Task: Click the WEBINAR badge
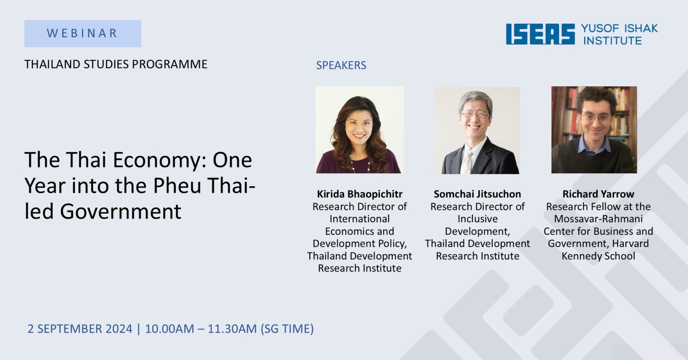tap(82, 34)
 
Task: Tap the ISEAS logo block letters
tap(540, 34)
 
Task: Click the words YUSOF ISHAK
tap(619, 29)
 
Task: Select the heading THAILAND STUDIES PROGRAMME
tap(116, 64)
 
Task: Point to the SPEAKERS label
tap(341, 65)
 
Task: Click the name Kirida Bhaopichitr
tap(360, 194)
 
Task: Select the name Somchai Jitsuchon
tap(477, 194)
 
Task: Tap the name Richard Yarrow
tap(598, 194)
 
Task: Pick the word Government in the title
tap(120, 211)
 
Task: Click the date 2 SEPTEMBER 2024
tap(80, 329)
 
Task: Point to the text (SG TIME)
tap(287, 329)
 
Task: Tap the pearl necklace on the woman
tap(360, 164)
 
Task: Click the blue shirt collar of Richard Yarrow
tap(594, 146)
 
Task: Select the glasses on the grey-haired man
tap(475, 115)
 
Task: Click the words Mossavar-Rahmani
tap(598, 219)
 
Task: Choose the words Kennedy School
tap(598, 256)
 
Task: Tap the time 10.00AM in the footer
tap(170, 329)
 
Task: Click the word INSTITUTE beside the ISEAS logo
tap(612, 41)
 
